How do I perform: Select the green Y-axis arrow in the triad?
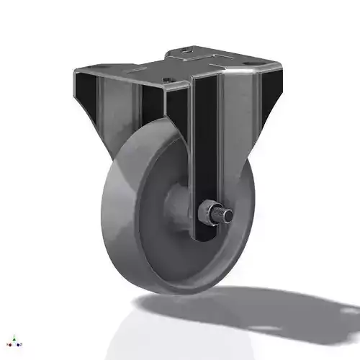click(14, 336)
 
